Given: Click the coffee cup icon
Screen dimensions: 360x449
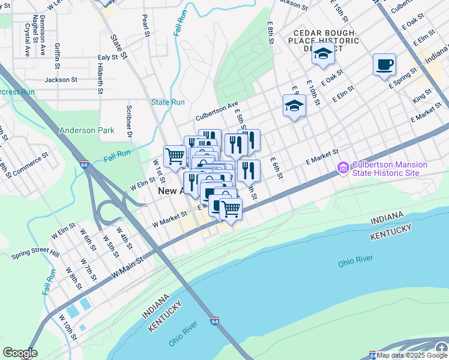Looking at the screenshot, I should (x=384, y=64).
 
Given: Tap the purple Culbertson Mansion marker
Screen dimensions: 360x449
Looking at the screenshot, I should (x=343, y=169).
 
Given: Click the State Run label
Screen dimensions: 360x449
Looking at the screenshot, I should (x=168, y=102).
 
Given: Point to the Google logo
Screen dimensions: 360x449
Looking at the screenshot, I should (x=19, y=353).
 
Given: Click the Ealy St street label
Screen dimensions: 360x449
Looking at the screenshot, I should (x=107, y=58).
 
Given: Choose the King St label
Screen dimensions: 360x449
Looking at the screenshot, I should (x=422, y=96).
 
